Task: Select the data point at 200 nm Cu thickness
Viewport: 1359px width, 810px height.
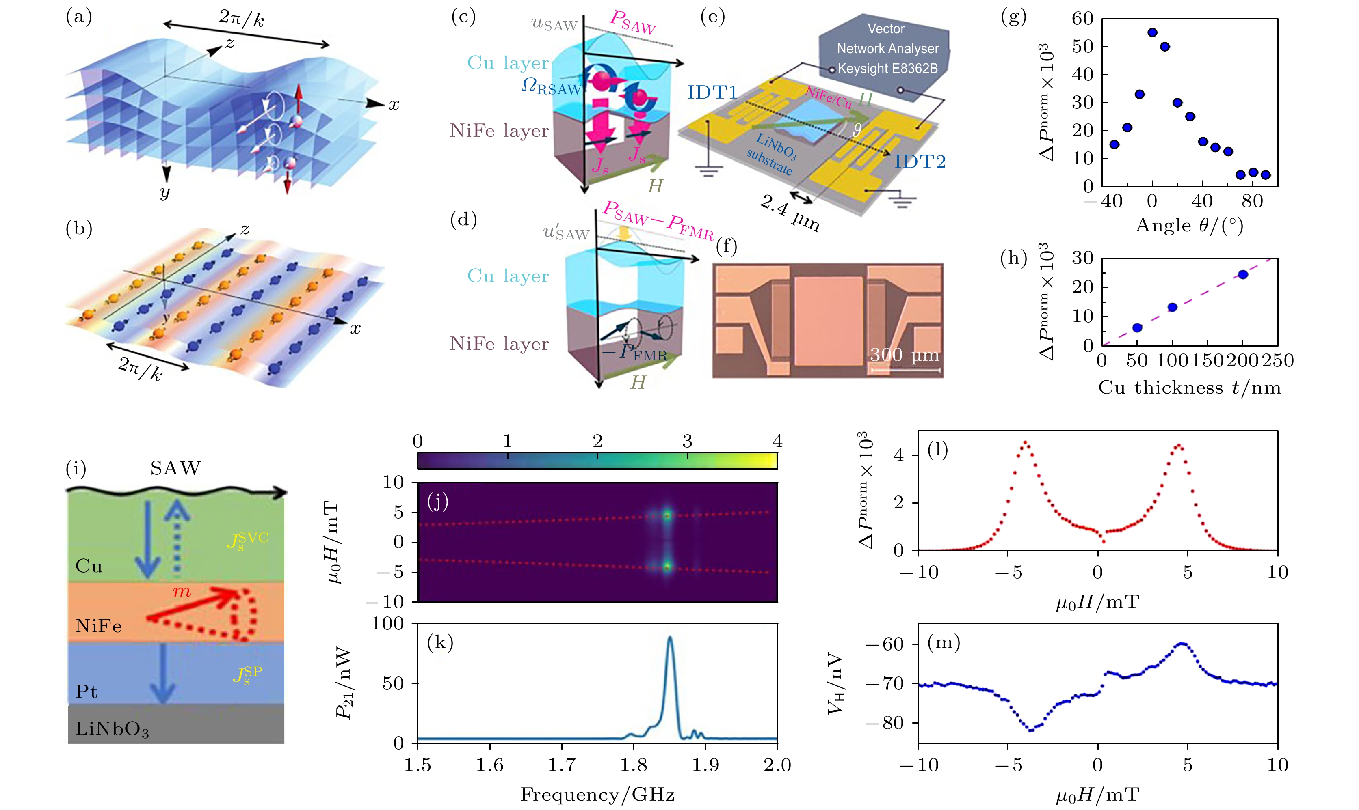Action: (1243, 275)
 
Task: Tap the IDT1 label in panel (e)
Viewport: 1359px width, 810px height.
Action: (712, 92)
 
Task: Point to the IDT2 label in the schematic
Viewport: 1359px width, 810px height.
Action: (920, 162)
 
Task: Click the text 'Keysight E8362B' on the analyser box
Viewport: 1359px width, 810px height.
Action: (887, 69)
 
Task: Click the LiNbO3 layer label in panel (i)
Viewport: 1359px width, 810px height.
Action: (112, 729)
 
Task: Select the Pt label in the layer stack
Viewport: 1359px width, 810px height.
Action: (86, 692)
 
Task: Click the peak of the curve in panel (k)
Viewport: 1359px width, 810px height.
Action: (670, 638)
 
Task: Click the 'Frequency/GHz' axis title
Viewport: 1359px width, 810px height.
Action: (597, 795)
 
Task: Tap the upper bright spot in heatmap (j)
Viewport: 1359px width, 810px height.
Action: (667, 515)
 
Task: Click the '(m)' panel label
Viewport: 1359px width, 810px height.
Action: (944, 642)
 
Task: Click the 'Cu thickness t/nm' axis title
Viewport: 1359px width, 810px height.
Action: (1190, 388)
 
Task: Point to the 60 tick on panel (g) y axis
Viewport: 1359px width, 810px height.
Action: (1082, 19)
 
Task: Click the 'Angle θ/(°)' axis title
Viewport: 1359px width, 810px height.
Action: (1189, 225)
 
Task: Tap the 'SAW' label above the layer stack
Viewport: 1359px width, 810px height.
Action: (175, 468)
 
